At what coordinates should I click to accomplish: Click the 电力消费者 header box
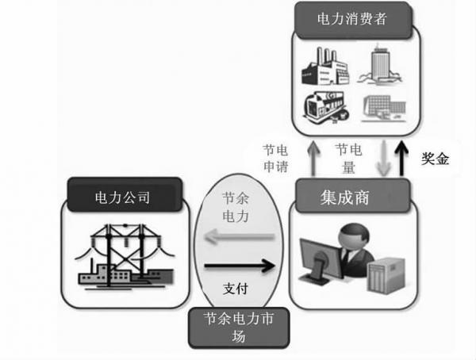pyautogui.click(x=353, y=20)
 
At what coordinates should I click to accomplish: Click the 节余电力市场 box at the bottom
pyautogui.click(x=239, y=327)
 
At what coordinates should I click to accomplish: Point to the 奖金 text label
pyautogui.click(x=435, y=159)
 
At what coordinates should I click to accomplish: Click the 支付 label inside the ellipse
pyautogui.click(x=236, y=289)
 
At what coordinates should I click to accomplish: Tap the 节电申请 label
pyautogui.click(x=275, y=159)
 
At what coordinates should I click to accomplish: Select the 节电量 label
pyautogui.click(x=348, y=159)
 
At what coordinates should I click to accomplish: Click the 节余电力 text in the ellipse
pyautogui.click(x=236, y=207)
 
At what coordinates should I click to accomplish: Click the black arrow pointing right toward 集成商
pyautogui.click(x=240, y=266)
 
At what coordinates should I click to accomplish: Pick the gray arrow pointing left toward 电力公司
pyautogui.click(x=240, y=236)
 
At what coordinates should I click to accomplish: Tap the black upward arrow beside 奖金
pyautogui.click(x=401, y=159)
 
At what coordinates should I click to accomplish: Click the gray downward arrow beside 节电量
pyautogui.click(x=384, y=159)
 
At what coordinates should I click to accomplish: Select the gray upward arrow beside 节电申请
pyautogui.click(x=313, y=159)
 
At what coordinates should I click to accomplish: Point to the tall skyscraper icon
pyautogui.click(x=379, y=64)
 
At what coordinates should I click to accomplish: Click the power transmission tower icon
pyautogui.click(x=125, y=256)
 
